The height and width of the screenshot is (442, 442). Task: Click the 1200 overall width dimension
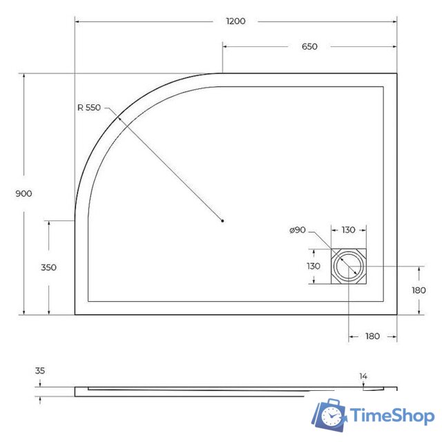(236, 21)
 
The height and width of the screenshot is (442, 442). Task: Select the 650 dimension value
(309, 47)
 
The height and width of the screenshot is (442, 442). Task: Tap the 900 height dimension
(23, 193)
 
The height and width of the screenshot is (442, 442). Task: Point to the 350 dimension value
(48, 267)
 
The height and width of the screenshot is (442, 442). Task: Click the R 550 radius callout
(89, 107)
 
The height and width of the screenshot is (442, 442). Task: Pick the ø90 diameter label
(298, 230)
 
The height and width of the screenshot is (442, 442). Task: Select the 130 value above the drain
(348, 230)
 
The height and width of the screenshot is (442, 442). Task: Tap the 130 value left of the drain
(314, 266)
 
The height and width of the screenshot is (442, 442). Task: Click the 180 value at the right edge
(419, 290)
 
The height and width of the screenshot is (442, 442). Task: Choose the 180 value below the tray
(372, 336)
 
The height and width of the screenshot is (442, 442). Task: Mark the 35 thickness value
(40, 371)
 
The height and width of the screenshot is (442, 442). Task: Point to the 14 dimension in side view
(363, 376)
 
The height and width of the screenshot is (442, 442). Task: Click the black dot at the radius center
(222, 221)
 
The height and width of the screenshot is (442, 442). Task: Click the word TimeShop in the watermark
(392, 416)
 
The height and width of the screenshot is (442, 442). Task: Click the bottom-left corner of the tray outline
(75, 314)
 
